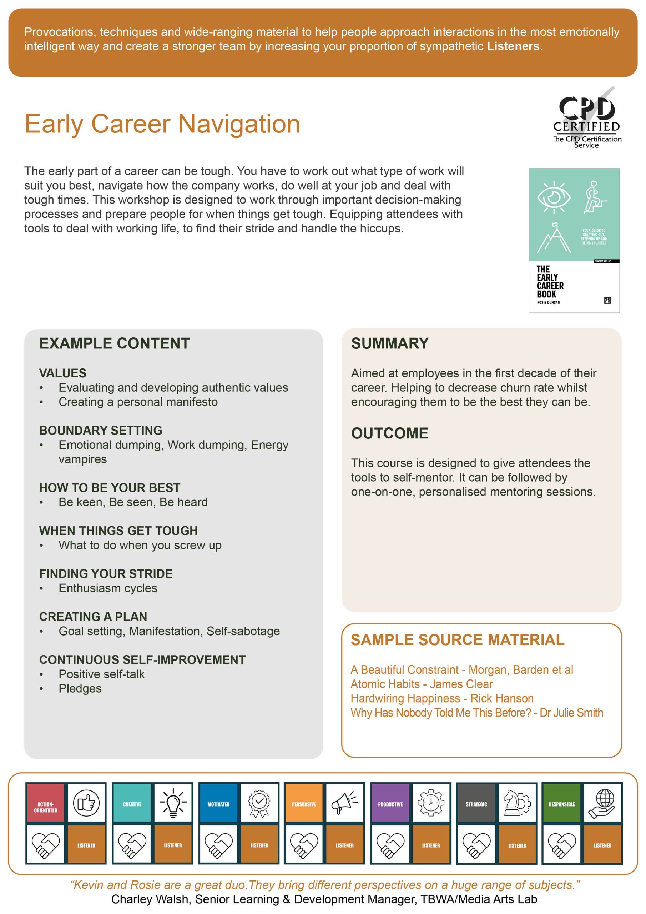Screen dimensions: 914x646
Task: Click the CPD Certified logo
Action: (x=586, y=118)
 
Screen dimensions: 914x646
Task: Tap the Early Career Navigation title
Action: (x=162, y=124)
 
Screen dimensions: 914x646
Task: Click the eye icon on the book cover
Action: (x=553, y=197)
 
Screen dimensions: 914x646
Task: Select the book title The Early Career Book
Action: (x=550, y=281)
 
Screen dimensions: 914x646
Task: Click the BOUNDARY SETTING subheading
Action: (x=100, y=430)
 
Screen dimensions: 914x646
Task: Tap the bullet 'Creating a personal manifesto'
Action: (x=138, y=402)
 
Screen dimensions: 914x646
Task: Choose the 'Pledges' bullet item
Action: (x=80, y=688)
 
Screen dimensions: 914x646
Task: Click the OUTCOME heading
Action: (x=389, y=433)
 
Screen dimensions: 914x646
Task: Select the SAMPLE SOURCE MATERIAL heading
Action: (x=457, y=640)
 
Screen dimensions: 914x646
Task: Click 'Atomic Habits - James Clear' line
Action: (x=422, y=684)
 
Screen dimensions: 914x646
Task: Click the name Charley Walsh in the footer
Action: (x=150, y=899)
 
